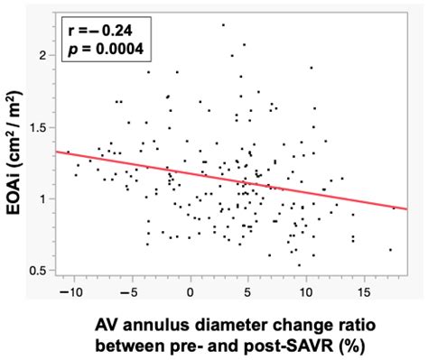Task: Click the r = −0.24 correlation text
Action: click(100, 30)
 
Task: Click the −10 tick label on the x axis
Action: click(73, 291)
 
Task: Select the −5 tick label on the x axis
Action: click(132, 291)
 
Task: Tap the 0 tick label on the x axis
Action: click(191, 291)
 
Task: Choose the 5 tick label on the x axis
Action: click(248, 291)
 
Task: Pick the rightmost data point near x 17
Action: click(390, 250)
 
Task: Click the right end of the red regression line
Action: click(407, 209)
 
